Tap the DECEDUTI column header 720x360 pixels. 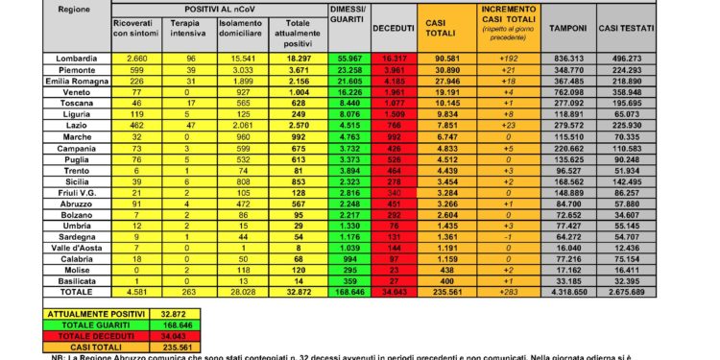[391, 29]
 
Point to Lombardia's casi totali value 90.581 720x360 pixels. [444, 59]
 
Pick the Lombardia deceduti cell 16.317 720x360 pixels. [390, 59]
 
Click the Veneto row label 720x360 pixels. [67, 96]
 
